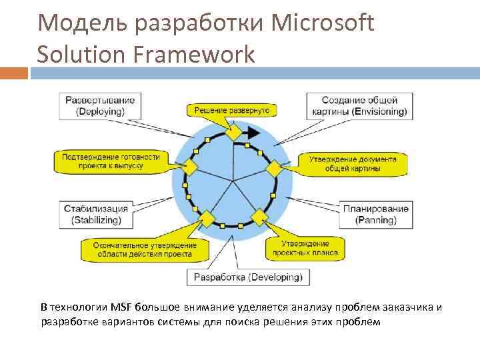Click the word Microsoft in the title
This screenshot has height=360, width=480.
[323, 24]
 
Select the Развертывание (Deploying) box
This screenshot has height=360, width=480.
[99, 105]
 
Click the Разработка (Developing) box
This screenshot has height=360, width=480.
[247, 276]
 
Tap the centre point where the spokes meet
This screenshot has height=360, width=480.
[233, 181]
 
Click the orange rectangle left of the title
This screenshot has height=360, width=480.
[14, 73]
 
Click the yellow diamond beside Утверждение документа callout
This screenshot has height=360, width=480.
[273, 167]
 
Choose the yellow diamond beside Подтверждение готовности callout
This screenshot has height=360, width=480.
[191, 166]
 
